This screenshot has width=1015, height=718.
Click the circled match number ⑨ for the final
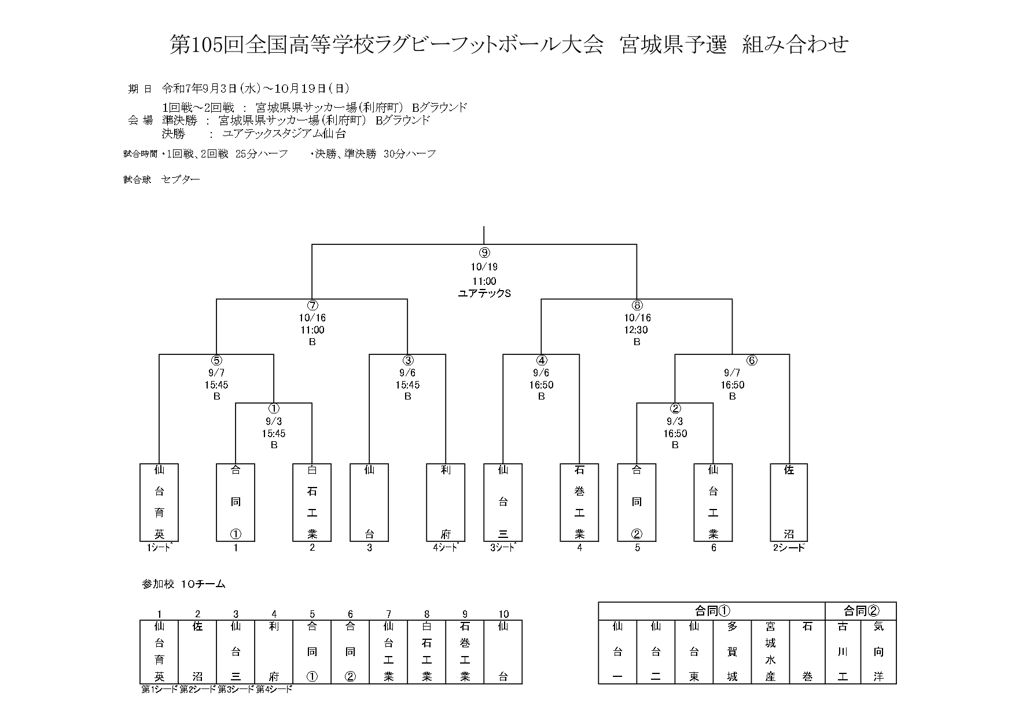[x=484, y=252]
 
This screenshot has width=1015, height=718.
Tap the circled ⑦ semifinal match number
[x=312, y=306]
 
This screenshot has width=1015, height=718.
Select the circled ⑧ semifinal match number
[x=637, y=306]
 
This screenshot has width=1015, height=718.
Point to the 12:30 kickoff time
[x=637, y=330]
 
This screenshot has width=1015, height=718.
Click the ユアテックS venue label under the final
[x=484, y=294]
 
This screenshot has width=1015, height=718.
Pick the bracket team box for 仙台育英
[x=159, y=502]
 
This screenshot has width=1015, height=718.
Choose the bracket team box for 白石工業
[x=312, y=502]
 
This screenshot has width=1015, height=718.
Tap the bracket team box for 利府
[x=446, y=502]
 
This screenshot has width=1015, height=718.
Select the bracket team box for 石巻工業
[x=579, y=502]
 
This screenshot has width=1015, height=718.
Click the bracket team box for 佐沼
[x=789, y=502]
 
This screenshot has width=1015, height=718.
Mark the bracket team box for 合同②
[x=637, y=502]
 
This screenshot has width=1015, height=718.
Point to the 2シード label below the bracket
[x=789, y=548]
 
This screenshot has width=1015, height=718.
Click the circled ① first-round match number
[x=274, y=409]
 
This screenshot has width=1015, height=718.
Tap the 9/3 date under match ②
[x=675, y=422]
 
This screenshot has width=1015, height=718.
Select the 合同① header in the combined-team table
[x=712, y=611]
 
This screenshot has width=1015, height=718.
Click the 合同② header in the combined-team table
[x=861, y=611]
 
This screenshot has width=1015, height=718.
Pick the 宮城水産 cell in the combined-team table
[x=770, y=651]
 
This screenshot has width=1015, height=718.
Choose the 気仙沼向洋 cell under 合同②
[x=878, y=651]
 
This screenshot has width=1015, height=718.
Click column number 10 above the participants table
[x=503, y=614]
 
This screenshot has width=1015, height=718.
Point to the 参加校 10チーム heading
[x=183, y=584]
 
